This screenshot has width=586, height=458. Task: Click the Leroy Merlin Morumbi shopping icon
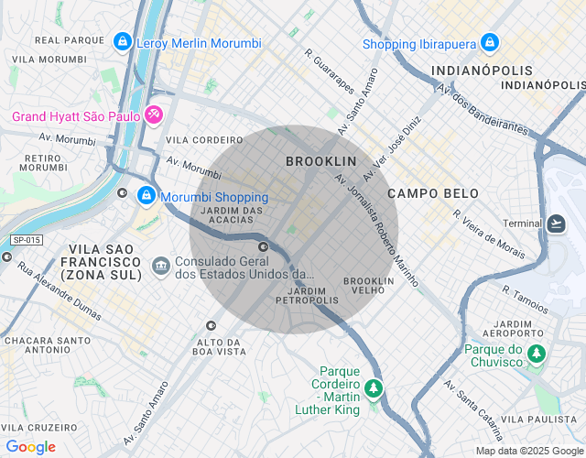(122, 42)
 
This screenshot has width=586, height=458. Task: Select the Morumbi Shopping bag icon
(146, 196)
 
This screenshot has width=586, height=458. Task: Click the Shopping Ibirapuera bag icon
(490, 43)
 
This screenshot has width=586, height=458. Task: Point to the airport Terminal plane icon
(557, 224)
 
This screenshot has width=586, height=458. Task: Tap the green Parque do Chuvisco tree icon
(538, 353)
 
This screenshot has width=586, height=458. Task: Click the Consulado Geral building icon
(160, 266)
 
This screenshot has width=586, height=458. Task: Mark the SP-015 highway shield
(26, 240)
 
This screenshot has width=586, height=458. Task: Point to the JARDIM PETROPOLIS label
(307, 295)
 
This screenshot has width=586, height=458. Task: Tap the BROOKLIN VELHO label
(369, 285)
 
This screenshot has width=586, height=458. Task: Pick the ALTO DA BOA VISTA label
(220, 346)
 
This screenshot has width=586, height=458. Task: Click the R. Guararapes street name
(330, 71)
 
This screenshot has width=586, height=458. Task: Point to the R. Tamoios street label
(525, 300)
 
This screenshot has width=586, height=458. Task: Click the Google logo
(30, 447)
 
